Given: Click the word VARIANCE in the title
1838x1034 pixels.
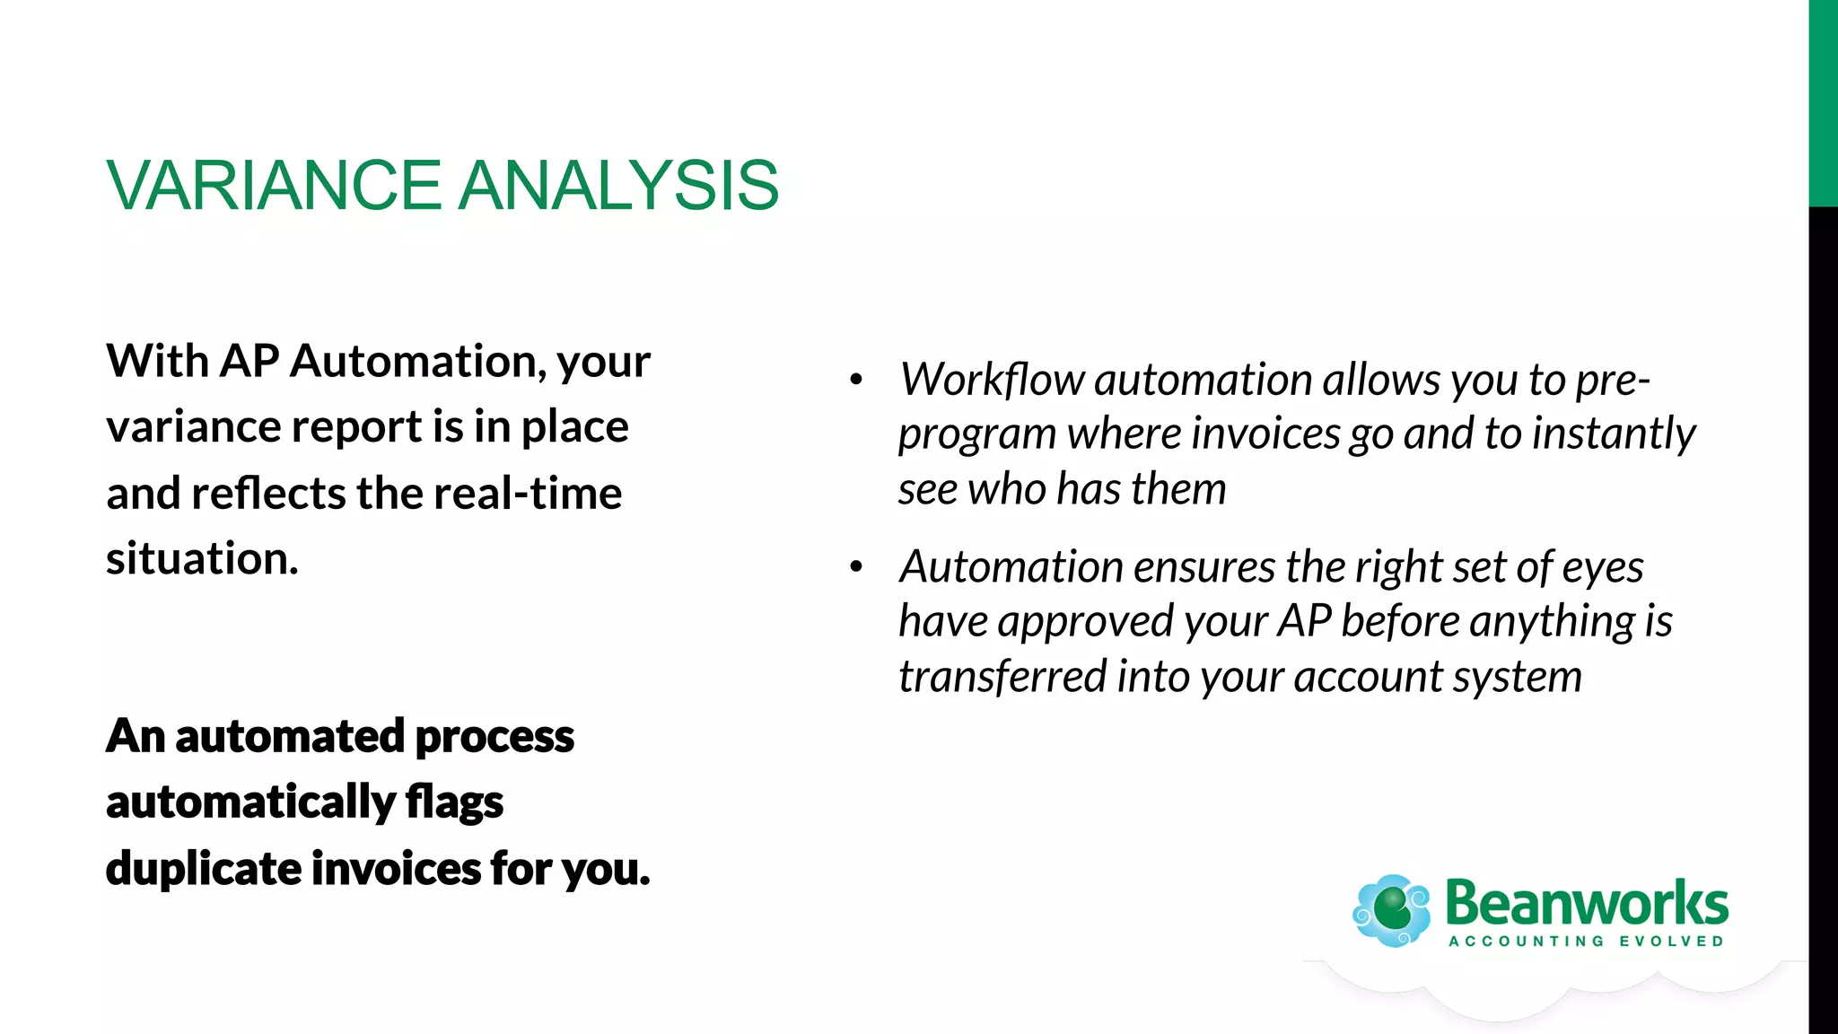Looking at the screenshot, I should (274, 186).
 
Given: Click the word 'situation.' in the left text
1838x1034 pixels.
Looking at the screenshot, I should (202, 558).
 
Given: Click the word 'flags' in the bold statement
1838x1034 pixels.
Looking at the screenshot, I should (454, 802).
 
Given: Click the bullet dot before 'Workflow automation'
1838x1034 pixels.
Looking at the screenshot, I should (856, 381).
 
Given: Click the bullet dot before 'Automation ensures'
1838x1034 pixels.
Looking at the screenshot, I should (856, 567).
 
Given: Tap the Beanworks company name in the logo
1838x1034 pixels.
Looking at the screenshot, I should (1586, 903).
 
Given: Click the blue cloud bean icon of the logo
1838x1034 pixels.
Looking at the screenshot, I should (1391, 910).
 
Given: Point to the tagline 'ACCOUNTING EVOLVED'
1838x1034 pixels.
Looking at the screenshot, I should (1586, 942).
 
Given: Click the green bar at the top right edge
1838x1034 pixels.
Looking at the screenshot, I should (1823, 103).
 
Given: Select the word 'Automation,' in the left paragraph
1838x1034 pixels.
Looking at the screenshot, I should (418, 361).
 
